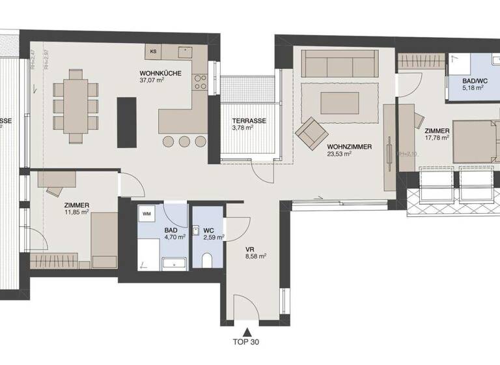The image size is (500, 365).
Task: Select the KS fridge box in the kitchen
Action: click(154, 51)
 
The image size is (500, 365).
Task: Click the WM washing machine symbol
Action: click(147, 212)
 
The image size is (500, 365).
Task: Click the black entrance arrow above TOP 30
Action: click(246, 330)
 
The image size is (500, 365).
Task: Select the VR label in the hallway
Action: click(249, 248)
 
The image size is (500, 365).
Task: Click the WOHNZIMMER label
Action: click(350, 147)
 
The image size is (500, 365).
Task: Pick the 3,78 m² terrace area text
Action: click(243, 128)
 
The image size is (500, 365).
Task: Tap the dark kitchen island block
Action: click(126, 122)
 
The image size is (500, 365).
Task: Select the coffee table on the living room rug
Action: click(339, 102)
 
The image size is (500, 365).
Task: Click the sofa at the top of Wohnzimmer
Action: click(339, 64)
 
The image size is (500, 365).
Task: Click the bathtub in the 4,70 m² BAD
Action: click(174, 264)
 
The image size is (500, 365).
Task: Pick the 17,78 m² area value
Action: click(437, 138)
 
